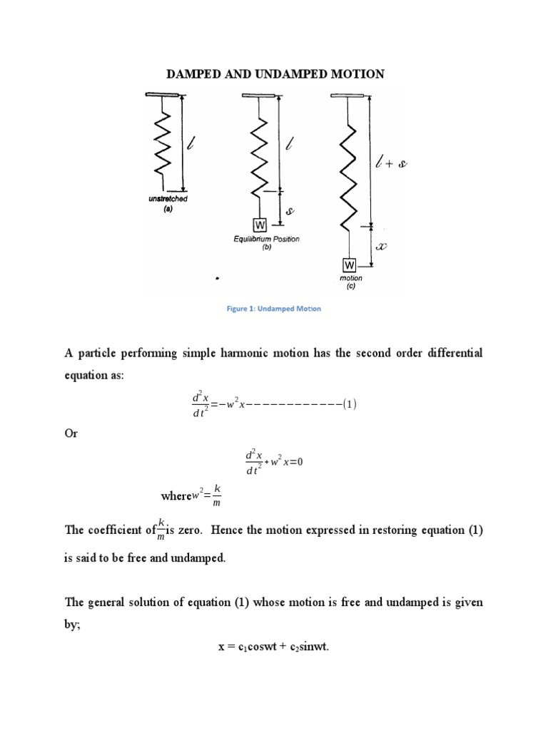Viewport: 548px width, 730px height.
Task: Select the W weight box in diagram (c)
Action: [350, 265]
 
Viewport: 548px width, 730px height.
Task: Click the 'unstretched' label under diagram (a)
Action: [169, 199]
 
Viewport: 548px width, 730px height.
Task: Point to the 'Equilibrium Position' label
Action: [266, 239]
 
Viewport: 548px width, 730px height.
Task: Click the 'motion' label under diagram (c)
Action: [351, 278]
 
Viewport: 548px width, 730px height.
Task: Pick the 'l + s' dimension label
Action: [390, 164]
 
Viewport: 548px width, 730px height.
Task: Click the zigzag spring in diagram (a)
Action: [163, 143]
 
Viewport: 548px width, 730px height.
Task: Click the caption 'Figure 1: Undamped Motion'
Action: [275, 309]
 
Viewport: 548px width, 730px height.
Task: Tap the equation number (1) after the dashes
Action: [349, 404]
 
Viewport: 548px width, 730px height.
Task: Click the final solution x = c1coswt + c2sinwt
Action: [273, 647]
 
